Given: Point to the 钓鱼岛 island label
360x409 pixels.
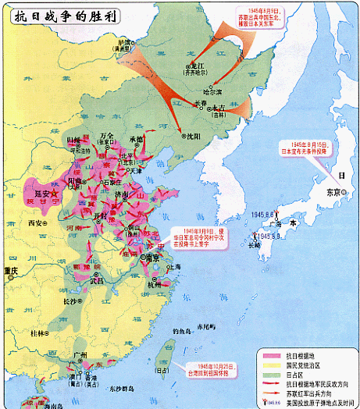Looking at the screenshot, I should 182,331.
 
